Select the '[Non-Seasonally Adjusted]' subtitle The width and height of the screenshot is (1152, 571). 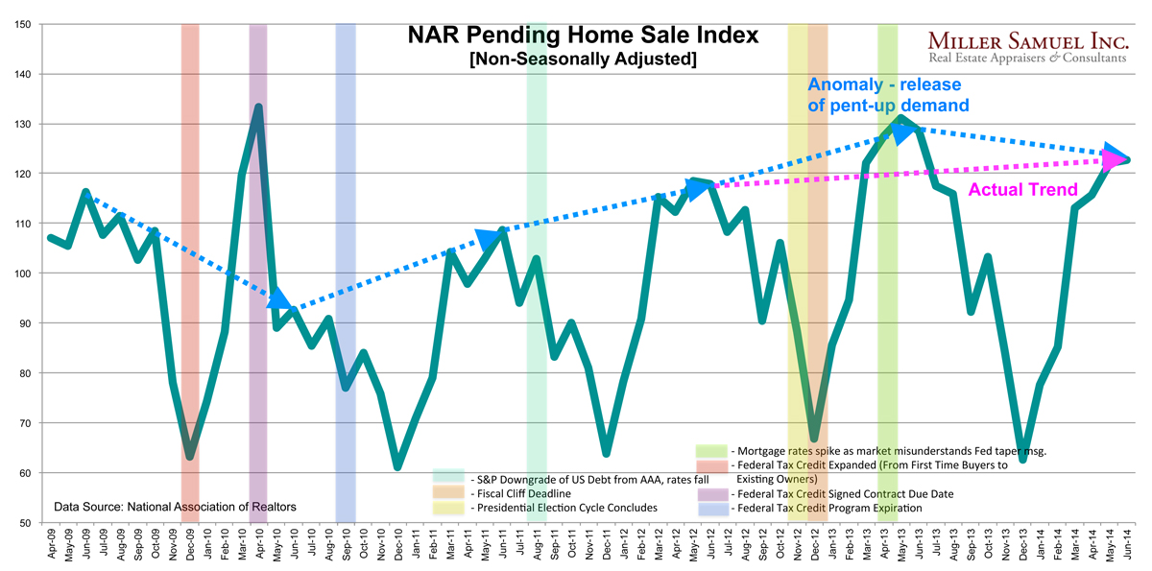tap(583, 59)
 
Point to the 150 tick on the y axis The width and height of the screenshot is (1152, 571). tap(21, 24)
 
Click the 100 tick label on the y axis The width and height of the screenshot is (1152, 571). tap(21, 274)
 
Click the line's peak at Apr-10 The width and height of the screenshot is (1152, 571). tap(258, 107)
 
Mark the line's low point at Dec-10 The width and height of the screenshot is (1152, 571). tap(397, 466)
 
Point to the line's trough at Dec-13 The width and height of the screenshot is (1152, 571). tap(1023, 460)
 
